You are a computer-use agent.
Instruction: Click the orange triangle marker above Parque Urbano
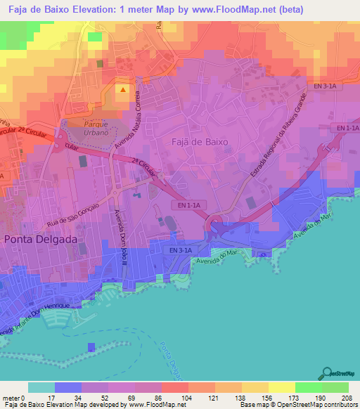(x=124, y=89)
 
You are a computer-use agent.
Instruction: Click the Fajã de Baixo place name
(x=200, y=141)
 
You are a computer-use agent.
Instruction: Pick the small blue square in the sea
(x=91, y=347)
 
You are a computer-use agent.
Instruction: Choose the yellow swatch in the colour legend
(x=281, y=387)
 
